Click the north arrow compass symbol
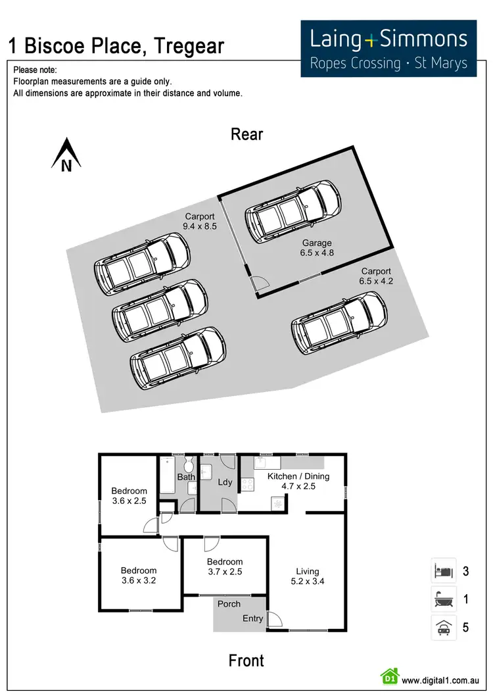[x=66, y=155]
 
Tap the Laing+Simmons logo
[x=388, y=48]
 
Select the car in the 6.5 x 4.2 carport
[x=339, y=323]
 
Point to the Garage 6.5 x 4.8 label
[x=317, y=247]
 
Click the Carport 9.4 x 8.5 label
[x=199, y=221]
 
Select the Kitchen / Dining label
[x=298, y=481]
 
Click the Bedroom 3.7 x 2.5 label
[x=225, y=566]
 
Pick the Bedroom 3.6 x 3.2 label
[x=139, y=575]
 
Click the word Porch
[x=229, y=603]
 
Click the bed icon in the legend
[x=441, y=570]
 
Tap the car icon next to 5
[x=441, y=628]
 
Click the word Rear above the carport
[x=246, y=134]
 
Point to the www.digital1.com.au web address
[x=440, y=680]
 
